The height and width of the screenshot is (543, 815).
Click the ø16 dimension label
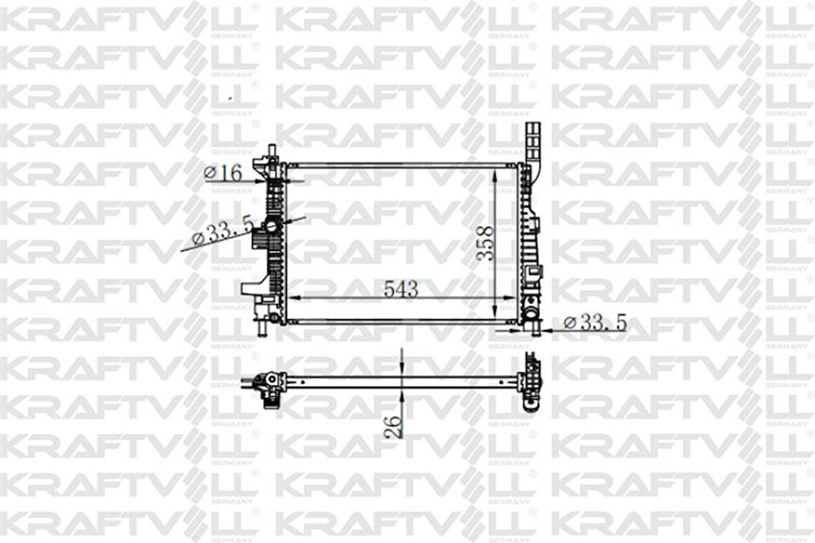(x=223, y=172)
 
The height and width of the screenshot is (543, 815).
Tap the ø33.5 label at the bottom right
(x=595, y=322)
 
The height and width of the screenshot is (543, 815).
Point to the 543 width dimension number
(x=401, y=289)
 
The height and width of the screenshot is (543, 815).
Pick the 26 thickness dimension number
(x=393, y=426)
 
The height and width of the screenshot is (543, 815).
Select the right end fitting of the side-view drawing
(x=530, y=381)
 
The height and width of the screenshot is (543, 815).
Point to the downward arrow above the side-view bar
(x=402, y=366)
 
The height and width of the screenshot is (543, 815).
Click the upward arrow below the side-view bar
(x=402, y=397)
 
